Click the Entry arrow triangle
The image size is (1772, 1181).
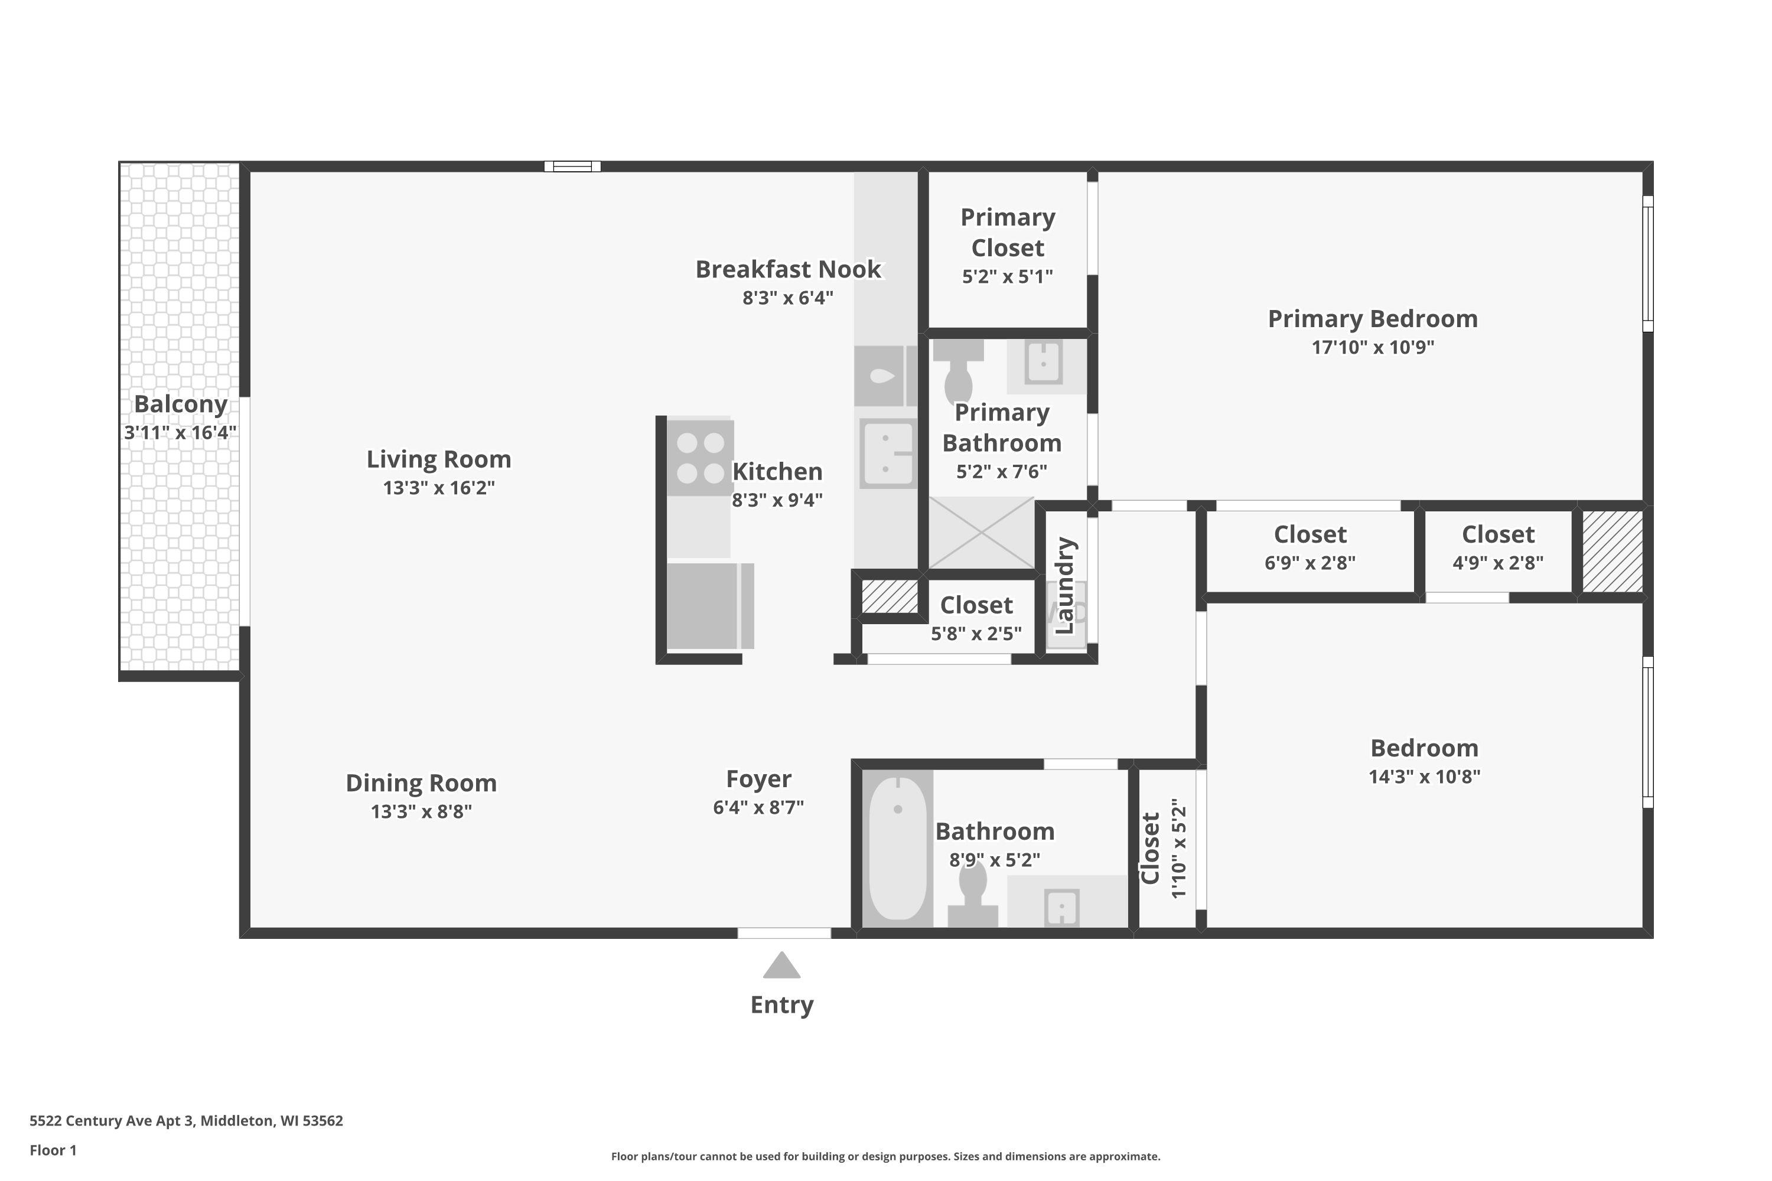(x=781, y=966)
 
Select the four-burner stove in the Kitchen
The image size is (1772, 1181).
(x=700, y=457)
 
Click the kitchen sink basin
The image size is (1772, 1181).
(x=888, y=454)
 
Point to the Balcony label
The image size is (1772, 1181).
(x=180, y=404)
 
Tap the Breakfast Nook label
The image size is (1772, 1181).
(x=787, y=270)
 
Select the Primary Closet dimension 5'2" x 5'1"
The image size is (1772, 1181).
(x=1006, y=276)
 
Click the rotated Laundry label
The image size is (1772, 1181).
(x=1064, y=585)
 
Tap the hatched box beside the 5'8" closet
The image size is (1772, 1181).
(x=889, y=596)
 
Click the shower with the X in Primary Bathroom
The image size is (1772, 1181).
(x=981, y=533)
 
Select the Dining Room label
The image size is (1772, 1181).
(x=421, y=784)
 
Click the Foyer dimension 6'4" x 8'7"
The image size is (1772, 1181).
(x=758, y=807)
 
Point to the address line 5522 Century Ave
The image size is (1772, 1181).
(x=186, y=1121)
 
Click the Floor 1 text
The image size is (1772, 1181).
(x=53, y=1150)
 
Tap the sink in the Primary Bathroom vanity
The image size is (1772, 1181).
(x=1044, y=363)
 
